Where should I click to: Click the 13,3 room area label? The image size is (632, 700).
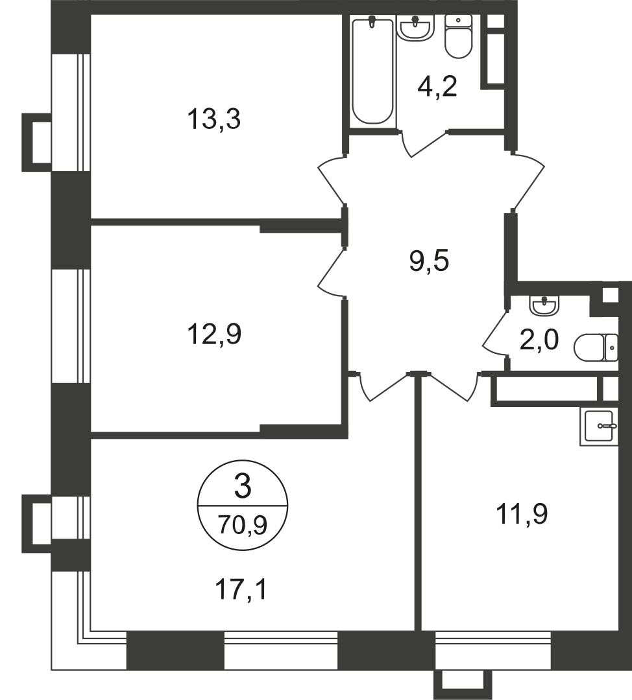213,120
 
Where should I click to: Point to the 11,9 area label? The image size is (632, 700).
522,515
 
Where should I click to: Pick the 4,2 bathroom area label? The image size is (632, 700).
437,86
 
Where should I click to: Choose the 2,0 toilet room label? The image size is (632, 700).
539,339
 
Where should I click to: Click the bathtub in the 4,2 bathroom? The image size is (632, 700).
372,71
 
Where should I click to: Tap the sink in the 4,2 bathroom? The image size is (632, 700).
415,28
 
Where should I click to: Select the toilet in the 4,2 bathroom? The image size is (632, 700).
459,36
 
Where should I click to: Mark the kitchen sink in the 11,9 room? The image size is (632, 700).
600,427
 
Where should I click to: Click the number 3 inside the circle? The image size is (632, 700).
241,486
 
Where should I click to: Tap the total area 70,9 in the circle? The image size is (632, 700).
241,522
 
